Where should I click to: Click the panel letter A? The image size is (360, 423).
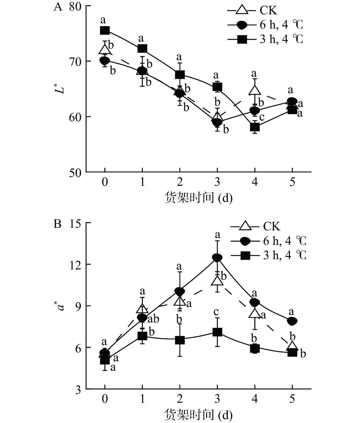pyautogui.click(x=58, y=7)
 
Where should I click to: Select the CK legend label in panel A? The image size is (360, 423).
pyautogui.click(x=268, y=11)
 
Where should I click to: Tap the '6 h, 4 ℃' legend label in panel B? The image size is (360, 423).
pyautogui.click(x=284, y=241)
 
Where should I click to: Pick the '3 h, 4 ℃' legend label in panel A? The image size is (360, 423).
pyautogui.click(x=281, y=39)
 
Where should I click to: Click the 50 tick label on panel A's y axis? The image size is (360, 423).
pyautogui.click(x=75, y=173)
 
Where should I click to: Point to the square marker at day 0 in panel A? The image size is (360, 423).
pyautogui.click(x=105, y=30)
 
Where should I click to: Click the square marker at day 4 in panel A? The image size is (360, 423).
pyautogui.click(x=255, y=127)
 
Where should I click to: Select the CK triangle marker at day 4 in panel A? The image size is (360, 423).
pyautogui.click(x=255, y=90)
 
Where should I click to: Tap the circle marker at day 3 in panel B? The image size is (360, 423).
pyautogui.click(x=217, y=257)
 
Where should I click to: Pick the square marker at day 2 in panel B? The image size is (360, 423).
pyautogui.click(x=180, y=340)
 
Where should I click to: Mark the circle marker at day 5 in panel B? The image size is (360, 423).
pyautogui.click(x=292, y=321)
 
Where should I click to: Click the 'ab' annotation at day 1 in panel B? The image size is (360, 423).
pyautogui.click(x=153, y=319)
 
